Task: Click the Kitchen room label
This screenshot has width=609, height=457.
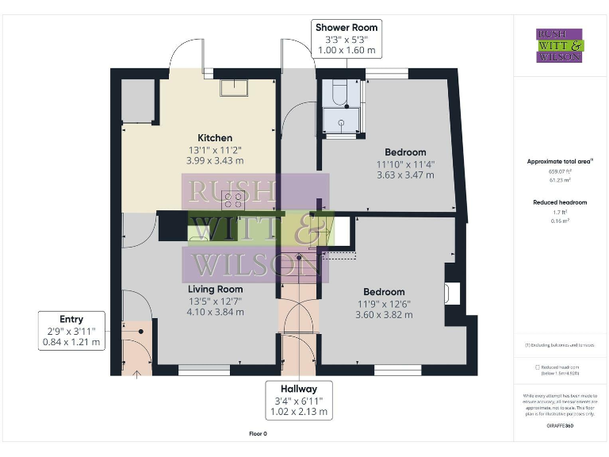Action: point(215,138)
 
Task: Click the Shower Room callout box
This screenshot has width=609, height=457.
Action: point(347,39)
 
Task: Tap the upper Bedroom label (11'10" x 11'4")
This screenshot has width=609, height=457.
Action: point(405,152)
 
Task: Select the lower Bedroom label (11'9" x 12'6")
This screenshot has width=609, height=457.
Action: point(384,292)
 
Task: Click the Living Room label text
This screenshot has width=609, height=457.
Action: point(215,290)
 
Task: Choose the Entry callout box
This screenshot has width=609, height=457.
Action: point(71,331)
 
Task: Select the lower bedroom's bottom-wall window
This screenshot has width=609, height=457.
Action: point(396,369)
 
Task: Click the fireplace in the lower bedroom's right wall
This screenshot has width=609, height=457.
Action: point(450,294)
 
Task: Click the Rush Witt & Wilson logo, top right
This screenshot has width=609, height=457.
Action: point(559,45)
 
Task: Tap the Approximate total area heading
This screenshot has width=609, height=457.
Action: point(560,161)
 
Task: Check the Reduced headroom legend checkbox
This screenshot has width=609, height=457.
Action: point(538,367)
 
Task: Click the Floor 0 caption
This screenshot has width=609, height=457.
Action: point(259,434)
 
